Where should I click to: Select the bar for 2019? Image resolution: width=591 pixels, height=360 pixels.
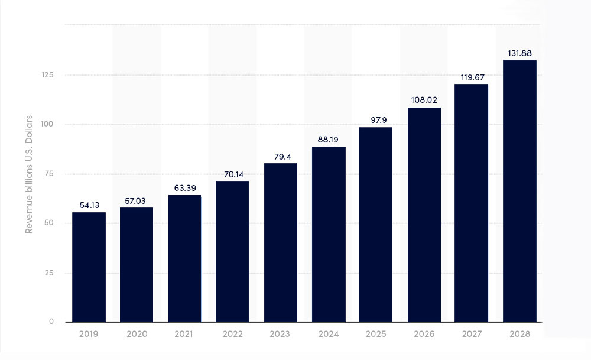(89, 267)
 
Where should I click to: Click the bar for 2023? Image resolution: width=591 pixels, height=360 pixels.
(280, 242)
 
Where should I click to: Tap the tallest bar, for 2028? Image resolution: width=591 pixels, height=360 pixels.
(519, 191)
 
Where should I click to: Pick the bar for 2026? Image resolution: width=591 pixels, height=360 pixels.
(424, 215)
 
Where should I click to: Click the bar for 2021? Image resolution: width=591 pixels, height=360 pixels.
(184, 258)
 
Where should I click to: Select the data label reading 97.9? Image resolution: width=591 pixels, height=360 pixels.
(376, 121)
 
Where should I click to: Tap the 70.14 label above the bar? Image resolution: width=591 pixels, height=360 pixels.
(232, 175)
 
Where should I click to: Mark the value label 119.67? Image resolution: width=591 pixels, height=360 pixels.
(472, 77)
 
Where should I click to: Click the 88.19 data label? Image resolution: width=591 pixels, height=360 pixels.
(328, 140)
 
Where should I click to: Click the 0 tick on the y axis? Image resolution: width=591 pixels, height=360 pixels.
(51, 322)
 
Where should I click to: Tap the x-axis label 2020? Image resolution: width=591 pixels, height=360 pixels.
(137, 334)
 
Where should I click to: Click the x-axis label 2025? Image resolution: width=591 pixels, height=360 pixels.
(376, 334)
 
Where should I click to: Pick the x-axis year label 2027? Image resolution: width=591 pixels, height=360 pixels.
(472, 334)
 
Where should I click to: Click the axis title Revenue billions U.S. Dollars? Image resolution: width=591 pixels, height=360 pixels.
(29, 174)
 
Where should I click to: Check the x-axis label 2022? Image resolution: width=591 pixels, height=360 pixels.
(232, 334)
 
